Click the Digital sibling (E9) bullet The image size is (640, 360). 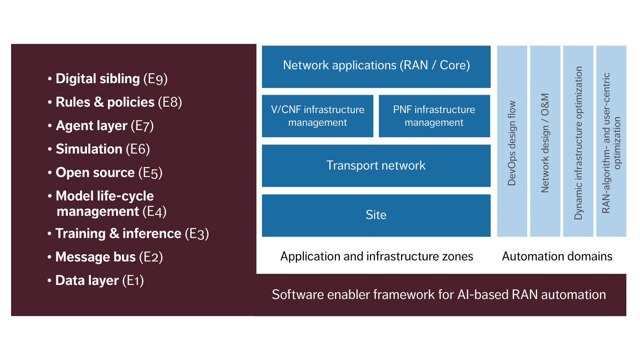pos(111,79)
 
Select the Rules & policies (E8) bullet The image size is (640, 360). pos(118,102)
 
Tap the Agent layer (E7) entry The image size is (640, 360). pos(104,126)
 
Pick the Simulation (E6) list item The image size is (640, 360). pos(102,149)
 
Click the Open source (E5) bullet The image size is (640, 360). pos(108,173)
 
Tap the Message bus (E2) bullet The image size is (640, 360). pos(108,257)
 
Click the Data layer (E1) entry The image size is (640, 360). pos(99,281)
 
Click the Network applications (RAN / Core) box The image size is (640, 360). pos(376,66)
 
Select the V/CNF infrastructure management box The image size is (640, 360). pos(317,116)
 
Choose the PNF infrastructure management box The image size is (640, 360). pos(434,116)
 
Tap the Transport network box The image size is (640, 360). pos(376,165)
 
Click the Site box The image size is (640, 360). pos(376,215)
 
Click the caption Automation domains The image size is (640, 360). pos(557,256)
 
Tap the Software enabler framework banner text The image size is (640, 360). pos(439,295)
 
